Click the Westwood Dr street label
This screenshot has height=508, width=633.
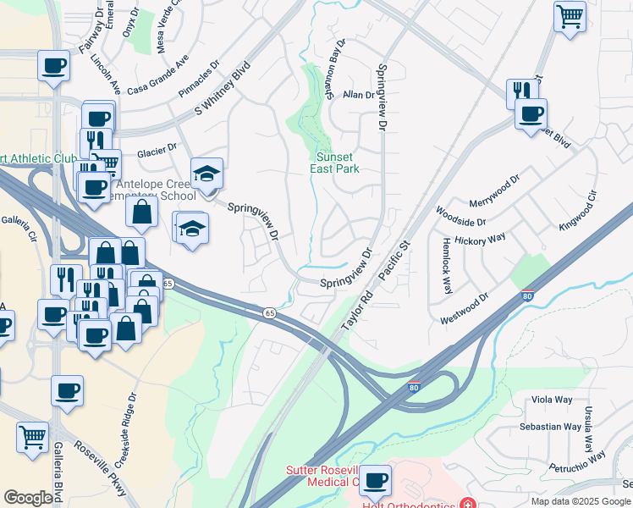click(464, 309)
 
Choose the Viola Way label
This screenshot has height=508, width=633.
click(552, 400)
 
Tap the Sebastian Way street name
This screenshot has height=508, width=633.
click(551, 427)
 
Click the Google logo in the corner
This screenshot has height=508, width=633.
click(28, 498)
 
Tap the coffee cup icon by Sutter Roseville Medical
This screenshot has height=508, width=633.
click(375, 481)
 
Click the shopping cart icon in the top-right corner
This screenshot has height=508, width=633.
click(570, 15)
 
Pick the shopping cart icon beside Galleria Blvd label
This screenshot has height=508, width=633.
click(32, 437)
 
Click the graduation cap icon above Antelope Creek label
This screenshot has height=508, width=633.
click(206, 174)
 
